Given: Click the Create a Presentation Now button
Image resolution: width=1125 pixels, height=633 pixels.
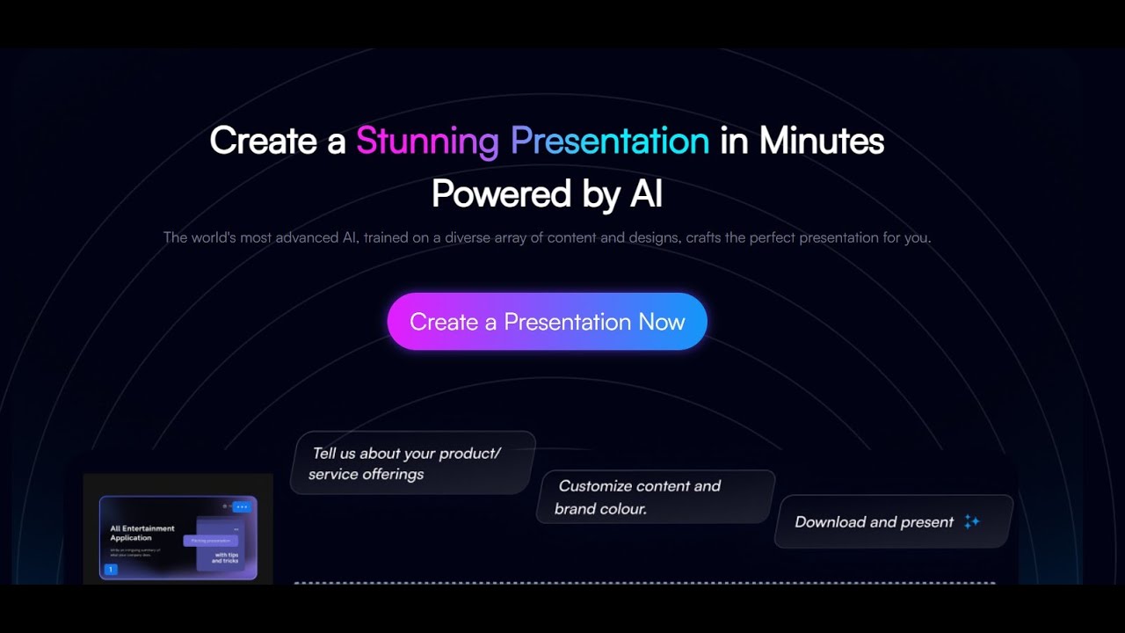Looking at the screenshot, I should tap(547, 322).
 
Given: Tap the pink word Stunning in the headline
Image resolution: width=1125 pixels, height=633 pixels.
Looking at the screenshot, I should tap(427, 141).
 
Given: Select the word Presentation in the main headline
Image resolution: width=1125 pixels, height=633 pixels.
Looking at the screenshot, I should tap(610, 141).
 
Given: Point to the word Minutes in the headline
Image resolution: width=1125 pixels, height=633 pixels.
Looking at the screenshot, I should tap(821, 141).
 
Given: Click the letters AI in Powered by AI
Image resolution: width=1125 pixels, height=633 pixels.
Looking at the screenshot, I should tap(646, 194).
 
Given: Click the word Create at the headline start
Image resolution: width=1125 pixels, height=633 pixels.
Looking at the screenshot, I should tap(265, 141).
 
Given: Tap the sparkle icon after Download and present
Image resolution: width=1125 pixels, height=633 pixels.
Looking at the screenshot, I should tap(971, 521).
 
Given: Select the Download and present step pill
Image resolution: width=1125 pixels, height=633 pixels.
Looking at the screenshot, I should tap(893, 521).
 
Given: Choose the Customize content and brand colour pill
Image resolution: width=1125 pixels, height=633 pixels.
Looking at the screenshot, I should tap(656, 497).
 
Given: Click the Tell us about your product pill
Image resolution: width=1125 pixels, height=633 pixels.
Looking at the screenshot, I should tap(412, 463).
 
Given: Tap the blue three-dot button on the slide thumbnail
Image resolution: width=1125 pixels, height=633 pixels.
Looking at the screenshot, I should tap(242, 507).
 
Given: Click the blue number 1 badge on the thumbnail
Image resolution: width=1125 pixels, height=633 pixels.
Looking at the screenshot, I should tap(111, 570).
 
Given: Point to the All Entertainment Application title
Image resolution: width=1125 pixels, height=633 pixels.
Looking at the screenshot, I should tap(142, 533).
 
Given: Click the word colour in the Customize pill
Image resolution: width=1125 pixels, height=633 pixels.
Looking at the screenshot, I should tap(622, 509).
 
